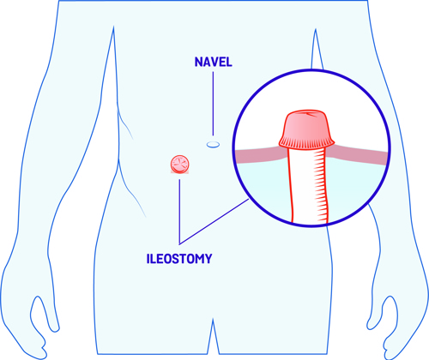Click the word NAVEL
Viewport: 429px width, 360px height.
tap(213, 62)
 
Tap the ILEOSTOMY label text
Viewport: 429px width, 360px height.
tap(179, 259)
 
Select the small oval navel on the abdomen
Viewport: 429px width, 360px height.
tap(213, 145)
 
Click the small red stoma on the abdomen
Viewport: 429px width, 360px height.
tap(179, 165)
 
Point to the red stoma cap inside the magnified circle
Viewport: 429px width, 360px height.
tap(306, 129)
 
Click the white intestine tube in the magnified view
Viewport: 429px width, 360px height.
tap(306, 186)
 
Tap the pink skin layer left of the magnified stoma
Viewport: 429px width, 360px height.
tap(259, 156)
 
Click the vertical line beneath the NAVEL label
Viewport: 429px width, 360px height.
tap(213, 104)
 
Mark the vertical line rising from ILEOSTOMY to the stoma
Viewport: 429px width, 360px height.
tap(179, 212)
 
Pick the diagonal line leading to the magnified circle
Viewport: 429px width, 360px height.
tap(214, 222)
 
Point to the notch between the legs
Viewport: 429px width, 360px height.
tap(213, 319)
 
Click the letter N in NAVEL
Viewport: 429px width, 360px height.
tap(198, 62)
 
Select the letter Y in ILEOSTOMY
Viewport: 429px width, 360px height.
tap(208, 259)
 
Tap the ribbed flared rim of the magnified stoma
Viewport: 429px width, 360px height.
tap(306, 142)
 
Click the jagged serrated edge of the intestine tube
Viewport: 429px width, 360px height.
tap(320, 186)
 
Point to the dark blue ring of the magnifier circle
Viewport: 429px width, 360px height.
tap(311, 70)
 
